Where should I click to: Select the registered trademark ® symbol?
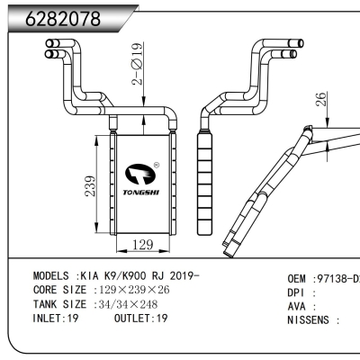coord(157,165)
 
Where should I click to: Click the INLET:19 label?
coord(56,319)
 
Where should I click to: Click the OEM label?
coord(299,278)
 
